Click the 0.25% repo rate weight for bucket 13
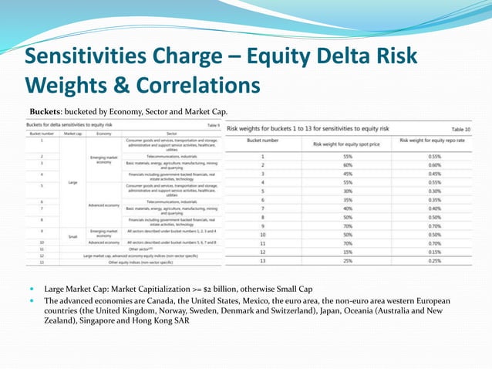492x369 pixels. [433, 261]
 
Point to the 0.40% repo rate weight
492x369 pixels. [433, 208]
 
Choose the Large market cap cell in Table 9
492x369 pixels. [72, 182]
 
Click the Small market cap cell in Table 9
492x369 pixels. [72, 237]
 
